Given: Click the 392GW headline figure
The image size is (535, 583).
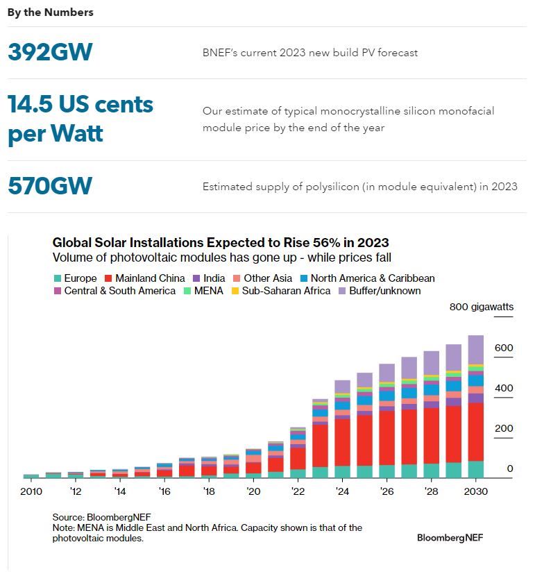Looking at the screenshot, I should pyautogui.click(x=50, y=52).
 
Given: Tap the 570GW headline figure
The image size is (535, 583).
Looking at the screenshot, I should pyautogui.click(x=50, y=186).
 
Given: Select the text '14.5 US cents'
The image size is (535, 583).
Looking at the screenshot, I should pyautogui.click(x=80, y=105).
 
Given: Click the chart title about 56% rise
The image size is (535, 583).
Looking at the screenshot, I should pyautogui.click(x=221, y=243).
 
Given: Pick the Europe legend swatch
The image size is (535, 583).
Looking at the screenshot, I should pyautogui.click(x=58, y=278).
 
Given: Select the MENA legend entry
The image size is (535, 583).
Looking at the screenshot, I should pyautogui.click(x=203, y=291).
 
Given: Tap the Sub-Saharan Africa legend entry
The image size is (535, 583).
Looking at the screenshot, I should pyautogui.click(x=281, y=291).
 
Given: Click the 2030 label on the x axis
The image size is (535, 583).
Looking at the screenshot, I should pyautogui.click(x=475, y=491).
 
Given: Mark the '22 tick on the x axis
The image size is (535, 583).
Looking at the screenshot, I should pyautogui.click(x=298, y=491).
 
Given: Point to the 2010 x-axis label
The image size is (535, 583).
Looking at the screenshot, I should pyautogui.click(x=31, y=491).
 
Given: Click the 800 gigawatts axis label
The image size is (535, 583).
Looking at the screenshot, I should pyautogui.click(x=482, y=307).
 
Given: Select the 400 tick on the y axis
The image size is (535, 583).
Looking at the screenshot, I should pyautogui.click(x=504, y=388).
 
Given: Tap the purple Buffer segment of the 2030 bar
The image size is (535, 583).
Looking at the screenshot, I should pyautogui.click(x=475, y=350).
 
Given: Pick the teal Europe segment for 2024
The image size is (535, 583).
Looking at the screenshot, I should pyautogui.click(x=342, y=472).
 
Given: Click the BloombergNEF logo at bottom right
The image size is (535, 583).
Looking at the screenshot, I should pyautogui.click(x=450, y=537).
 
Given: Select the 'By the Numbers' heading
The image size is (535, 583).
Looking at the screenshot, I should pyautogui.click(x=50, y=12).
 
